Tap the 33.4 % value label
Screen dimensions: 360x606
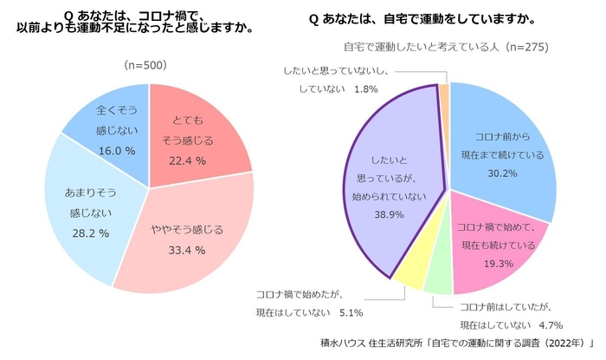pos(186,250)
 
